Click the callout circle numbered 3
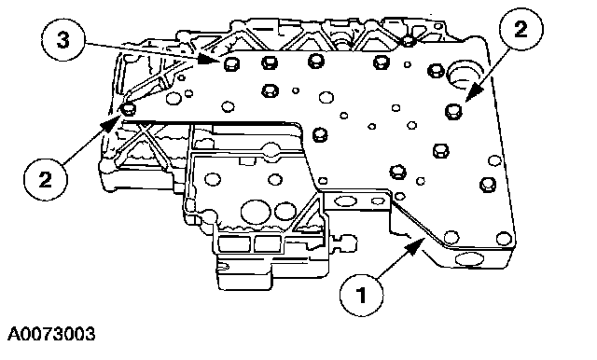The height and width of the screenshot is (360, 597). coord(63,40)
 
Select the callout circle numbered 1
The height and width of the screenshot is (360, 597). coord(361,295)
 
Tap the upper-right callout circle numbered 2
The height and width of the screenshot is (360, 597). coord(521,29)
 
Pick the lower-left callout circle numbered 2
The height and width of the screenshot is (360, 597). coord(46,179)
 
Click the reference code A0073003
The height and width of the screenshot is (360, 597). coord(51,335)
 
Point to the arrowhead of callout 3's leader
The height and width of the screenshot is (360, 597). coord(209,60)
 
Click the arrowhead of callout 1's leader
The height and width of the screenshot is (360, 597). coord(416,245)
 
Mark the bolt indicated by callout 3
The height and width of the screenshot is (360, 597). coord(231,63)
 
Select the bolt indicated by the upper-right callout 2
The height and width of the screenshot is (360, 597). coord(453,111)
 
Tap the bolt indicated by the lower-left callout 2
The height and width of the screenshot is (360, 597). coord(129,109)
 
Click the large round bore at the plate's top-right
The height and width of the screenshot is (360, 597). coord(464,75)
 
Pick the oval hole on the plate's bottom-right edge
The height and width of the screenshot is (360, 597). coord(469,260)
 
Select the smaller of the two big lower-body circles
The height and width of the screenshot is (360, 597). coord(285,212)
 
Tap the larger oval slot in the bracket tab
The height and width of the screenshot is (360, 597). coord(345,201)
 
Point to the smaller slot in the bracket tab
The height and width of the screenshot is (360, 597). coord(378,201)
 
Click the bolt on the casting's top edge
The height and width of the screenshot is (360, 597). coord(409,40)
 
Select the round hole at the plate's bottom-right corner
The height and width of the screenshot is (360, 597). coord(504,239)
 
